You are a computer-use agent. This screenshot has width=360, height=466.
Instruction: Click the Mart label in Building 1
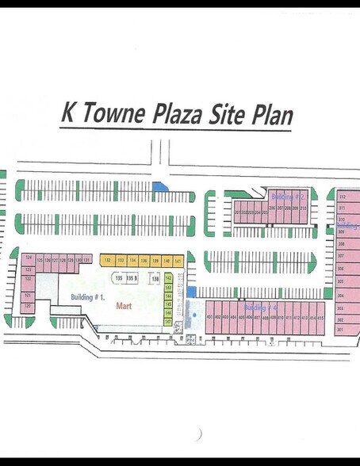[123, 305]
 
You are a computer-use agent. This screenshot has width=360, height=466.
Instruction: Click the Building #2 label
[284, 196]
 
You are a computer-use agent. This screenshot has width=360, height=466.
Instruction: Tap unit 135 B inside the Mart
[132, 279]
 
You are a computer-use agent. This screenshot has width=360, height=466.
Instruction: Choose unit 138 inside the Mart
[156, 279]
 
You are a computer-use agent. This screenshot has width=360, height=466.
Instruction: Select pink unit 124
[28, 258]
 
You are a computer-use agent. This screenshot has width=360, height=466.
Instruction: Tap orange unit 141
[178, 260]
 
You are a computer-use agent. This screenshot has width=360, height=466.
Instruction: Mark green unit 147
[168, 323]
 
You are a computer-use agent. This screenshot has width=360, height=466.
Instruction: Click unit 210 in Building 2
[304, 212]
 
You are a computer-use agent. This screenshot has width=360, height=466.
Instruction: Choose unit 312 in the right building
[343, 196]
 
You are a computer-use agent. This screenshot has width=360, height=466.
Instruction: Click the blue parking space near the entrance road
[159, 186]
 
